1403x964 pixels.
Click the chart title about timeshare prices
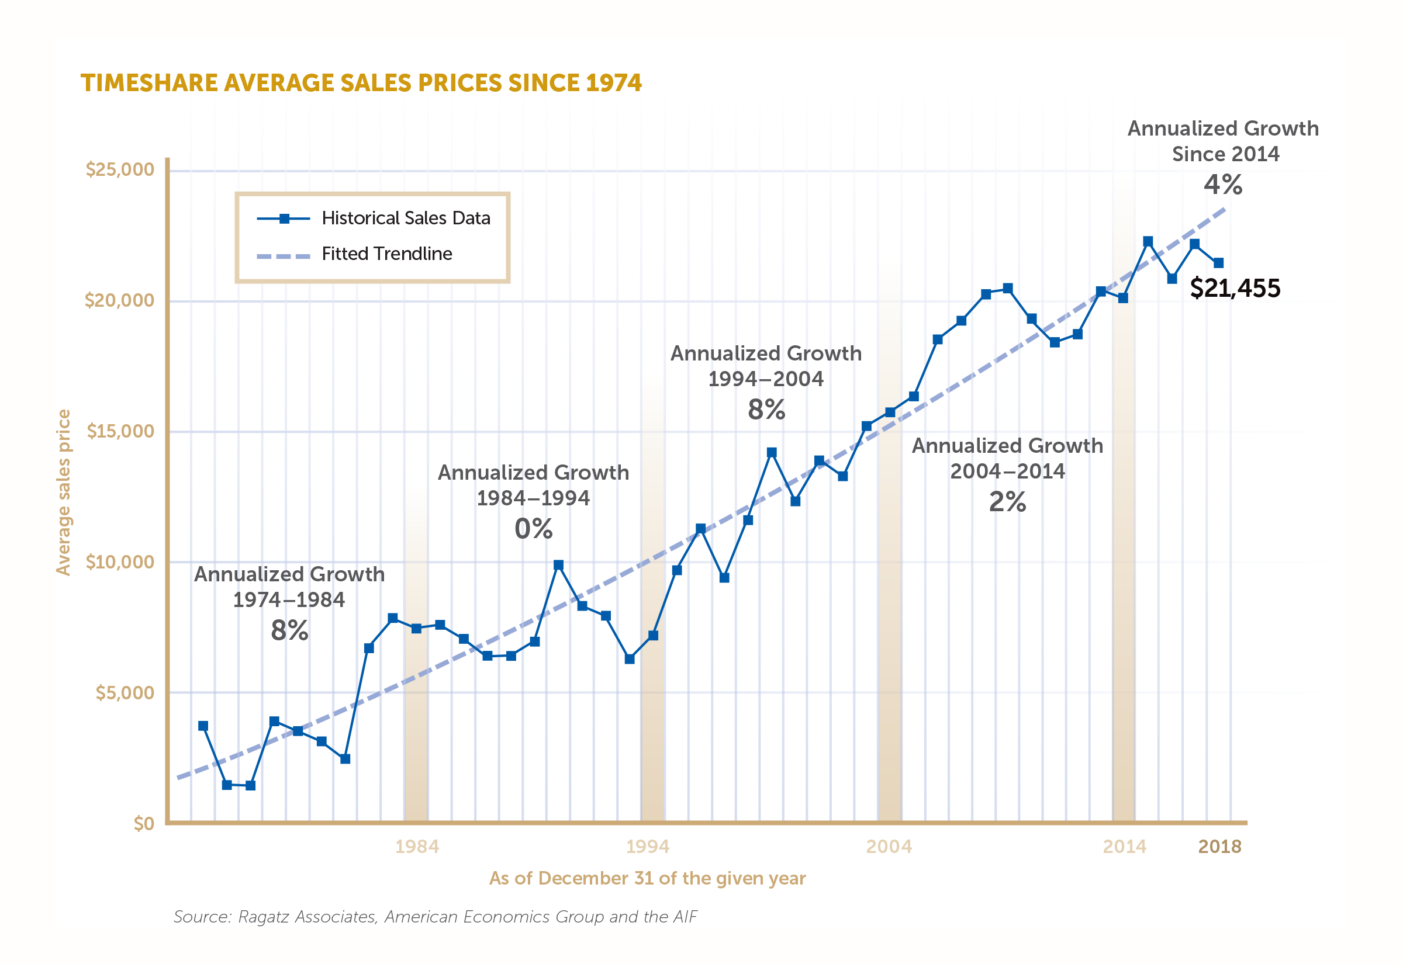tap(361, 84)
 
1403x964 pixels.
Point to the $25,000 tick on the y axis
tap(120, 169)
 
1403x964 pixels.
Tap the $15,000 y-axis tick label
tap(120, 431)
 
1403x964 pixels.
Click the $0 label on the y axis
tap(144, 823)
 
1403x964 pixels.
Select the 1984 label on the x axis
tap(417, 846)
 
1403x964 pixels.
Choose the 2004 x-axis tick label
tap(889, 846)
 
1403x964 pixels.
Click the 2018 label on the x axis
tap(1219, 846)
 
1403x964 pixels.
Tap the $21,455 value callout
tap(1235, 288)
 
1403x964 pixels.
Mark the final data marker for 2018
tap(1219, 263)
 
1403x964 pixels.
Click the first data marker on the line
tap(203, 726)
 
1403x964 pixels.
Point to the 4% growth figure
tap(1223, 184)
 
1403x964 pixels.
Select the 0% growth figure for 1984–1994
tap(534, 529)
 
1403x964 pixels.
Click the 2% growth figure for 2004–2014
tap(1007, 502)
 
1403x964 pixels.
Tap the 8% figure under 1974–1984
tap(289, 630)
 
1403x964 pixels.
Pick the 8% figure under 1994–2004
tap(766, 410)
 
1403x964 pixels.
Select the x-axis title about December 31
tap(647, 878)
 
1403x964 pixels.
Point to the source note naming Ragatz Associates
tap(435, 917)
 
